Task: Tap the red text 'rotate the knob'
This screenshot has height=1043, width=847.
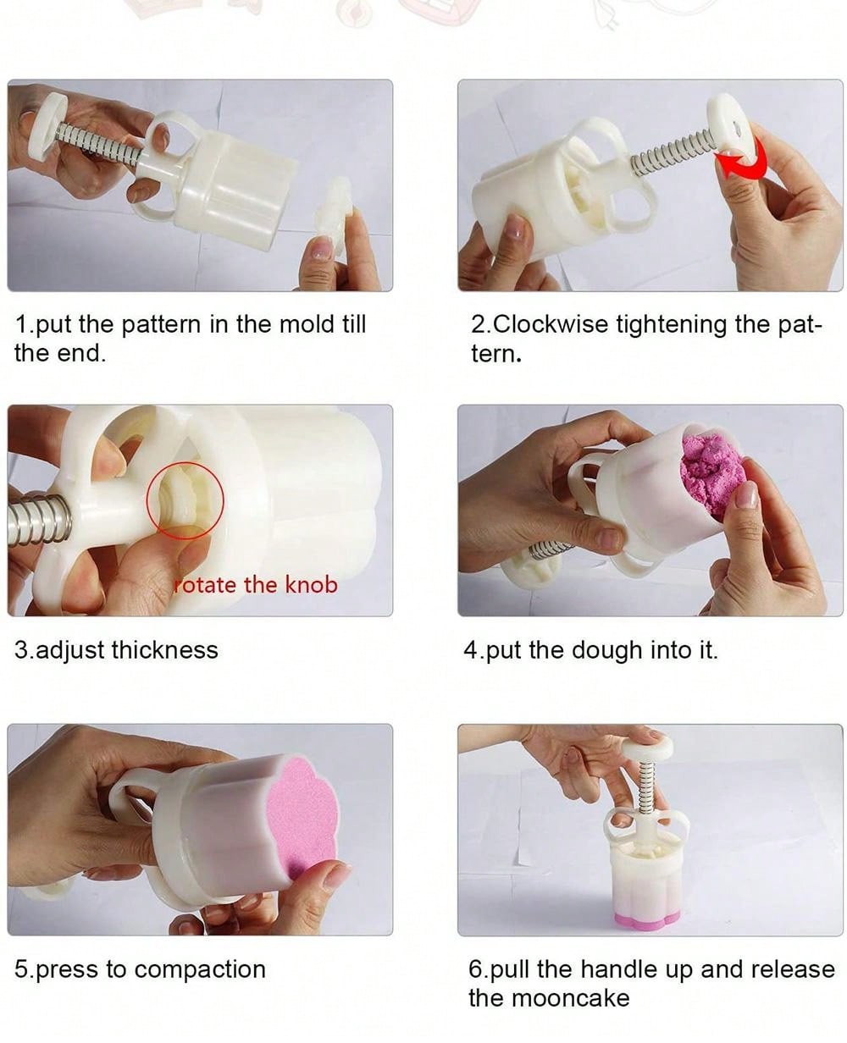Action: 256,585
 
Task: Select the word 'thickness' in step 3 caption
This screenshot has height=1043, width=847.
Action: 164,650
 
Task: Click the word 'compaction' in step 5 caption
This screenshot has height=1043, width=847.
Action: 199,970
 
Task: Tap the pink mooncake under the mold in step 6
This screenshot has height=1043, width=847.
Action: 647,920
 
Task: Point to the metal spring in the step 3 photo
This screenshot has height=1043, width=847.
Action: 40,521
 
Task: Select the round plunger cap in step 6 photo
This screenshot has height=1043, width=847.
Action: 647,746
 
